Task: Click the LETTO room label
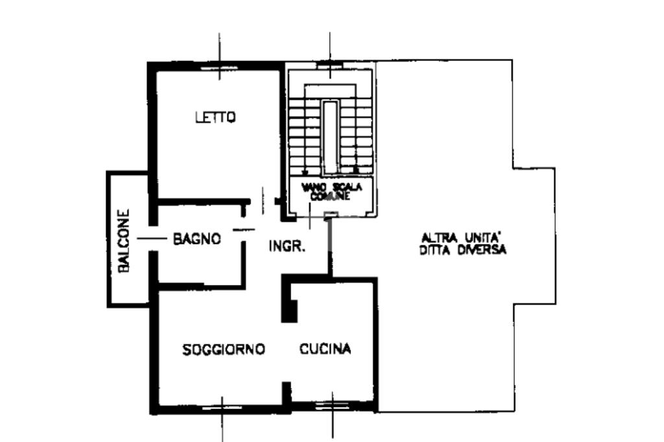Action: coord(215,117)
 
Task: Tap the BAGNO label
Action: coord(197,238)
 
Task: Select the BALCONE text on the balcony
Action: coord(124,241)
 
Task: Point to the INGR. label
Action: coord(287,246)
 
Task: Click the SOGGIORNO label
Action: coord(224,349)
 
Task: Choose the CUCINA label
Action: coord(326,349)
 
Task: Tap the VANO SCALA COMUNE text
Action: coord(331,191)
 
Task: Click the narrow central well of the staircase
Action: coord(330,137)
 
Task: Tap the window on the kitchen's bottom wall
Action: coord(333,405)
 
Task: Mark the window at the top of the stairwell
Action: coord(329,65)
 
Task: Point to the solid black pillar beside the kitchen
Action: coord(290,310)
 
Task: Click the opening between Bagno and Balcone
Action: coord(153,238)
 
